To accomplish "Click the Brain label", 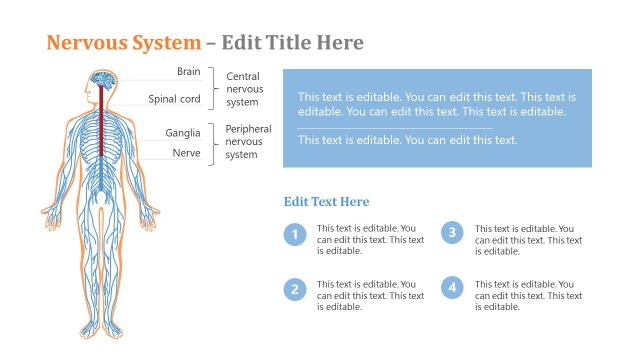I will point(188,71).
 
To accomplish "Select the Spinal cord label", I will point(175,99).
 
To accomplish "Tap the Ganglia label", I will point(183,133).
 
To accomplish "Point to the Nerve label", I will point(187,153).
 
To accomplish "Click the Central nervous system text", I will point(243,89).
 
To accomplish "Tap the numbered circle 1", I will point(294,236).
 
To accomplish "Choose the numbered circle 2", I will point(294,290).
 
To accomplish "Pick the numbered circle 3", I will point(452,233).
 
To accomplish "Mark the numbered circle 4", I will point(452,288).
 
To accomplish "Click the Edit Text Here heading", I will point(326,202).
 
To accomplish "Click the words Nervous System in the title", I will point(123,43).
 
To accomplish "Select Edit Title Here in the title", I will point(292,43).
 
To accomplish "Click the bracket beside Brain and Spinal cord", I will point(212,87).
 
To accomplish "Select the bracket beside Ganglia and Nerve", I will point(212,143).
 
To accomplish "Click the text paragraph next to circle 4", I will point(528,295).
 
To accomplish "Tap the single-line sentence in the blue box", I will point(407,140).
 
